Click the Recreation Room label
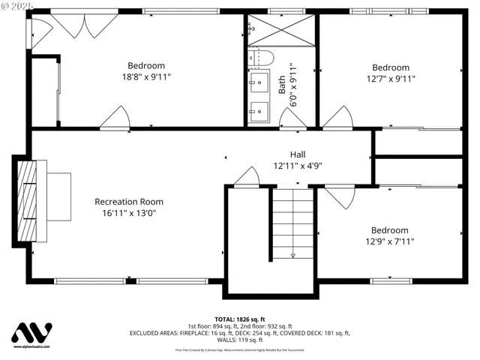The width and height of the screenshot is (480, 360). point(128,201)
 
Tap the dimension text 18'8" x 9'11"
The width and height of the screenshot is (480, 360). point(146,77)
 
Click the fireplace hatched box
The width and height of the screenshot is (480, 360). point(28,200)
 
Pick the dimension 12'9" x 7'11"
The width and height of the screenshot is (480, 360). point(390,241)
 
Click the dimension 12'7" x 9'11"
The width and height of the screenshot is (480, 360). point(391,78)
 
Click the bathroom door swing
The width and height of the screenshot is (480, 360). point(292,118)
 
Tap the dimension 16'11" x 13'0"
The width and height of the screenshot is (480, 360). point(128,213)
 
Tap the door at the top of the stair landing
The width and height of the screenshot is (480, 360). point(246,177)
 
